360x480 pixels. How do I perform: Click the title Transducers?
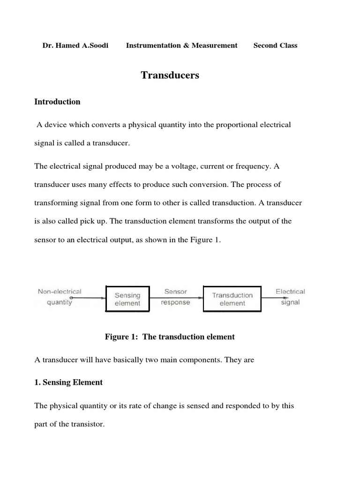pos(170,75)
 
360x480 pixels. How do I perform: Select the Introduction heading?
pos(57,102)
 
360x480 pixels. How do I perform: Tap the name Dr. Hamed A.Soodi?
pos(75,45)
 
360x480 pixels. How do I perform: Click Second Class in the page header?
pos(275,45)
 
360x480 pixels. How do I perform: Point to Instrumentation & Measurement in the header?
pos(181,45)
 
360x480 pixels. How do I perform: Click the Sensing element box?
pos(127,299)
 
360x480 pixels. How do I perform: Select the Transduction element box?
pos(232,299)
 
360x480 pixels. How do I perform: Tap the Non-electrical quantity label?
pos(60,297)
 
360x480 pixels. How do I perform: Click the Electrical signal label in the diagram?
pos(290,297)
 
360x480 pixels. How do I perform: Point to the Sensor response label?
pos(175,297)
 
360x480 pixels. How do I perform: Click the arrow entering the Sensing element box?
pos(89,298)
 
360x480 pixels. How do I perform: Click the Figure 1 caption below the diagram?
pos(170,337)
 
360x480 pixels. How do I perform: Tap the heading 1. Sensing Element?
pos(68,382)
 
